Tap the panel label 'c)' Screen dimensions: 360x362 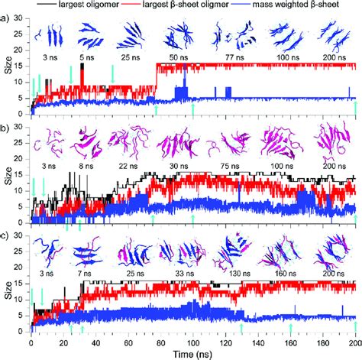pyautogui.click(x=7, y=237)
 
